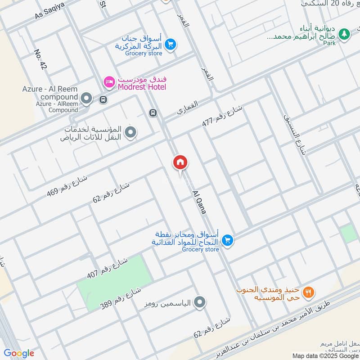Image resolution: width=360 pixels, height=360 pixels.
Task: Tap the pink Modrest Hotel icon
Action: tap(109, 81)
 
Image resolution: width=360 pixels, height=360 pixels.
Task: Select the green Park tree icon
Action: tap(344, 33)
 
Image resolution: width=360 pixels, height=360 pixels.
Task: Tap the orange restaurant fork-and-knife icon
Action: tap(308, 292)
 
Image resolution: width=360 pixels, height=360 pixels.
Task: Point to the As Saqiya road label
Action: tap(50, 10)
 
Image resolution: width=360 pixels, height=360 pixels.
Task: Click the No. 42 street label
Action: tap(40, 59)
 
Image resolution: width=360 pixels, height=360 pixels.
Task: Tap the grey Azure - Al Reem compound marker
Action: tap(87, 98)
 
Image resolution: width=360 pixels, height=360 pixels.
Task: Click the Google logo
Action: tap(19, 353)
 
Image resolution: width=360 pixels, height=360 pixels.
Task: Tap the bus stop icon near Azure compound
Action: tap(103, 99)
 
